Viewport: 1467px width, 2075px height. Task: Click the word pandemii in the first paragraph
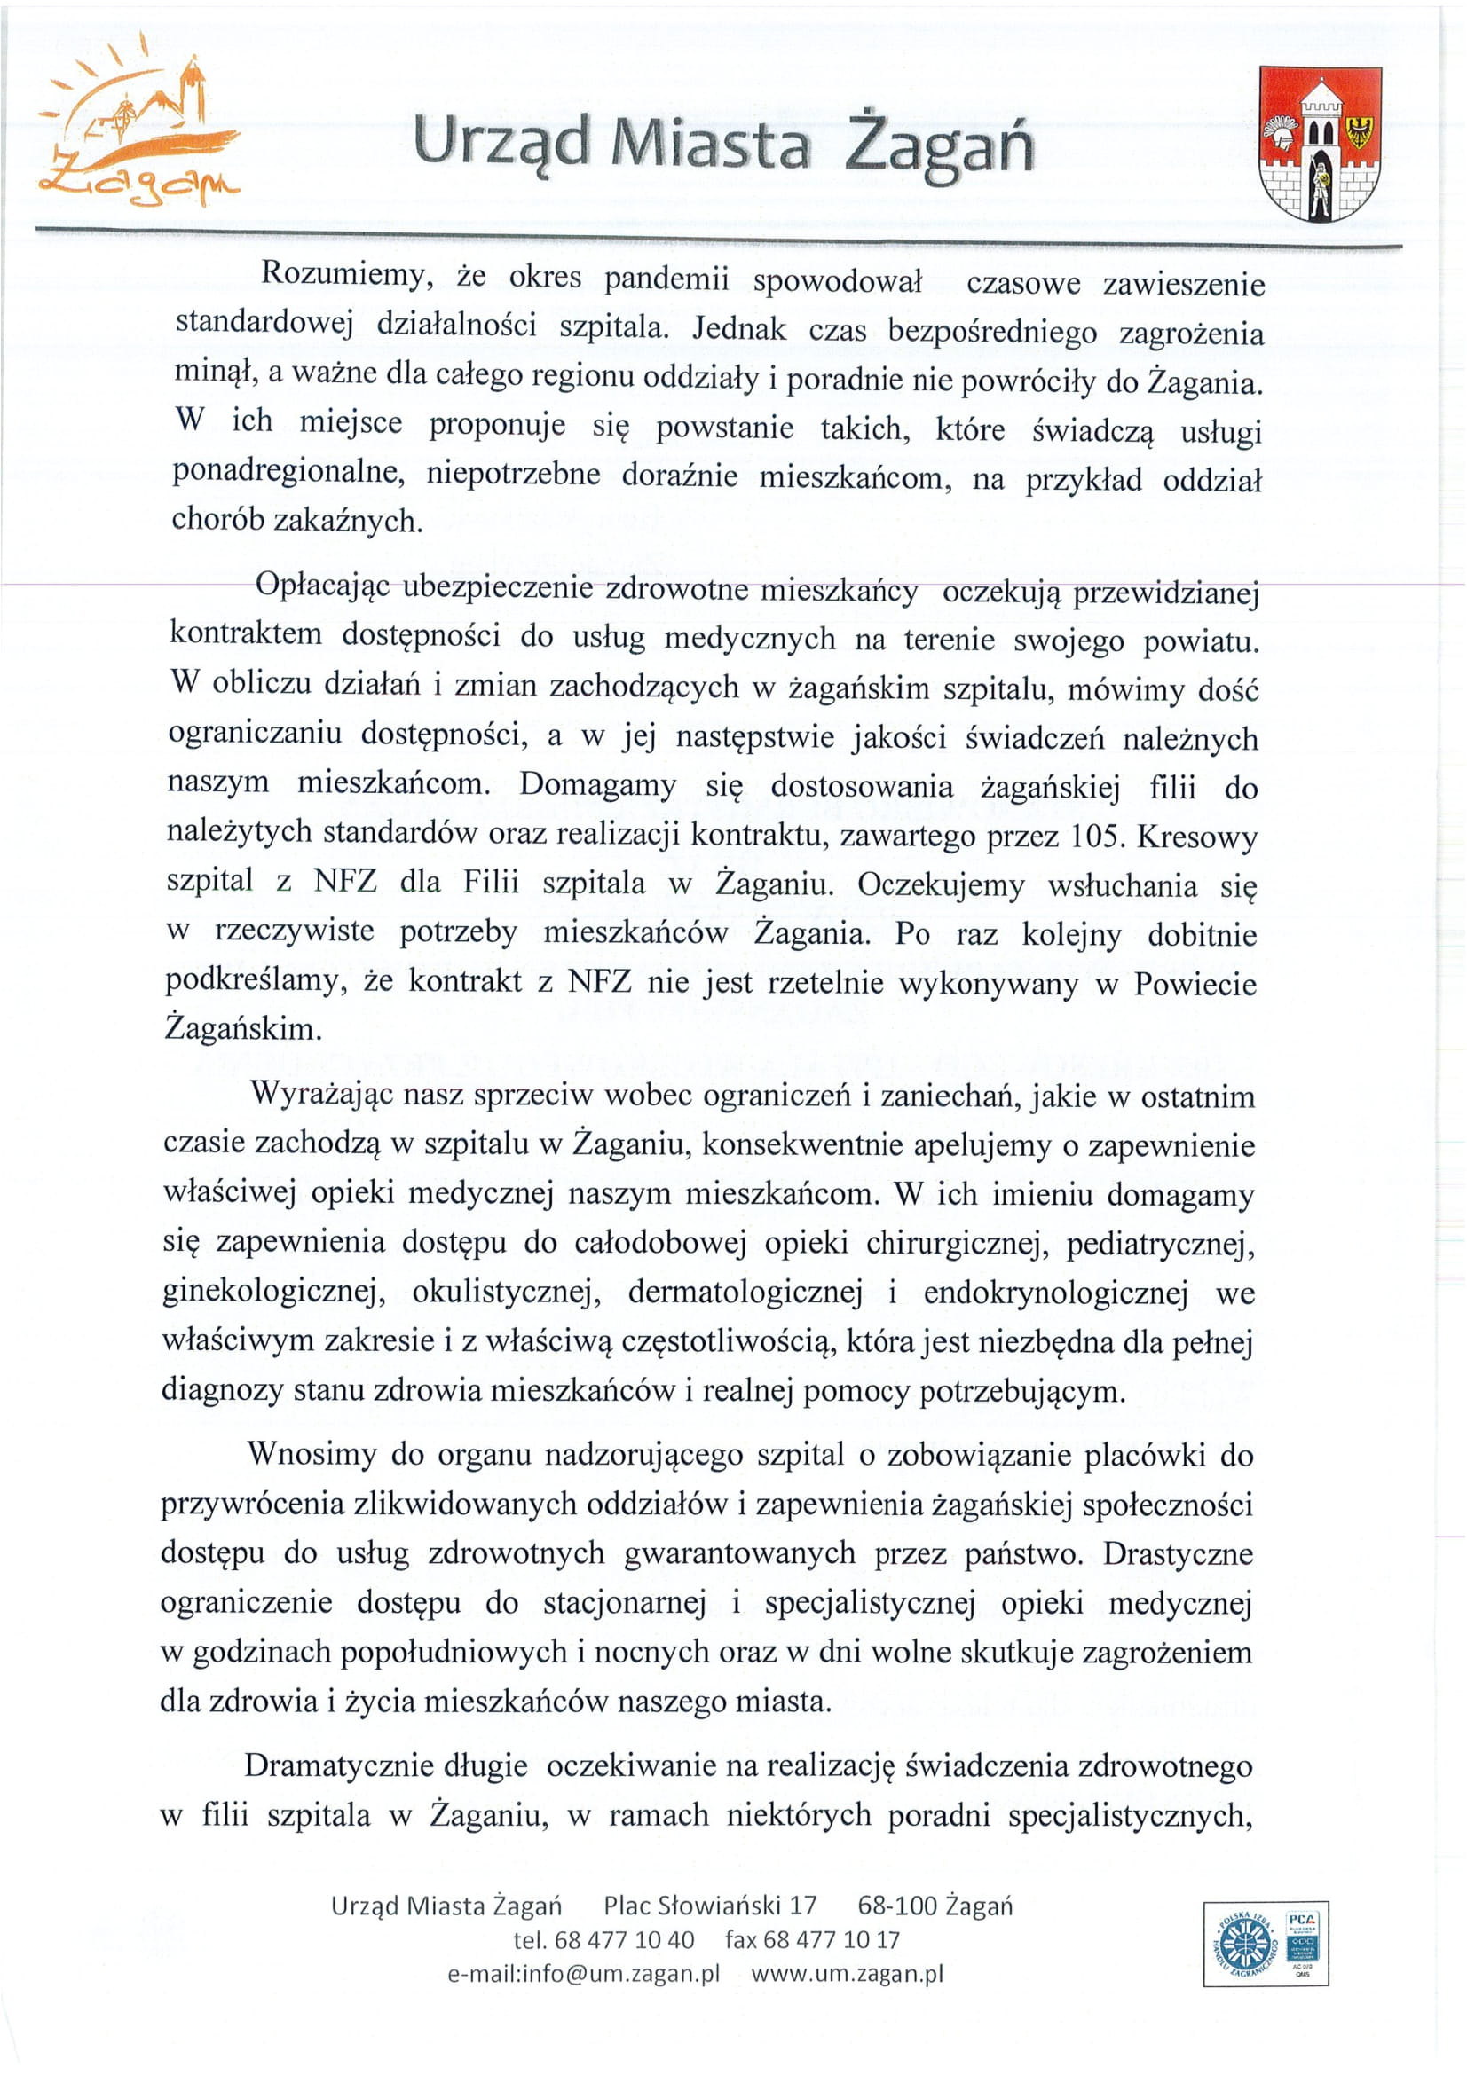(666, 279)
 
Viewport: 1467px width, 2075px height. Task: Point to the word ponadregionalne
(288, 472)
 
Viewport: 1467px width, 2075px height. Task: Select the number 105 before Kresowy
(1096, 837)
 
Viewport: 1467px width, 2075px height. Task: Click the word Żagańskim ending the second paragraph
(243, 1028)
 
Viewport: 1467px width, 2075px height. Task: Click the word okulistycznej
(507, 1293)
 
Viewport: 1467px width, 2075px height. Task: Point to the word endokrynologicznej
(1055, 1294)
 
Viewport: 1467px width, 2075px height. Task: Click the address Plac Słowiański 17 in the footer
(710, 1906)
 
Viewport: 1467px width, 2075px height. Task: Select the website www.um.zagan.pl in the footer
(847, 1973)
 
